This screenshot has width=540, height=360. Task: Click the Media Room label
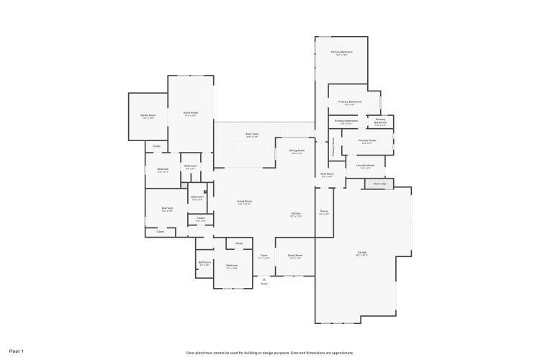pyautogui.click(x=148, y=116)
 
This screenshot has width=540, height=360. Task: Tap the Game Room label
pyautogui.click(x=190, y=113)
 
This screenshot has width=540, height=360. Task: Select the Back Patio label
pyautogui.click(x=252, y=135)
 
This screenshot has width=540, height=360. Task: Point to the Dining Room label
pyautogui.click(x=297, y=151)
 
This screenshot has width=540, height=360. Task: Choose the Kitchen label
pyautogui.click(x=296, y=215)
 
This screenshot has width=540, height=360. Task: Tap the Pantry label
pyautogui.click(x=324, y=212)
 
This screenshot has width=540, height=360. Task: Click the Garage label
pyautogui.click(x=362, y=253)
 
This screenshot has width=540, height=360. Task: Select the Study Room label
pyautogui.click(x=294, y=256)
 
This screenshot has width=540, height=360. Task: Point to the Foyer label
pyautogui.click(x=264, y=256)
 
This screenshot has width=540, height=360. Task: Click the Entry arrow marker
pyautogui.click(x=264, y=278)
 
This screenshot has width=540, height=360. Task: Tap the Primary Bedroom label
pyautogui.click(x=341, y=53)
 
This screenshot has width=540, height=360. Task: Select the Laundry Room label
pyautogui.click(x=366, y=166)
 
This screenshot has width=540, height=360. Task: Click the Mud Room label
pyautogui.click(x=327, y=175)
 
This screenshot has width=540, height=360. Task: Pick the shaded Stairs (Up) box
pyautogui.click(x=379, y=184)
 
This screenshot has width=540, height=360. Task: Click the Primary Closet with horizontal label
pyautogui.click(x=366, y=142)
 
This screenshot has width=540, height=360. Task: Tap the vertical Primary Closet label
pyautogui.click(x=333, y=148)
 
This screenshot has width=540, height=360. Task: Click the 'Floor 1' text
pyautogui.click(x=16, y=351)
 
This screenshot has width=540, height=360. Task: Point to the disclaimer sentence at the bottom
pyautogui.click(x=270, y=353)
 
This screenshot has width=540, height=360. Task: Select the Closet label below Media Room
pyautogui.click(x=156, y=146)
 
